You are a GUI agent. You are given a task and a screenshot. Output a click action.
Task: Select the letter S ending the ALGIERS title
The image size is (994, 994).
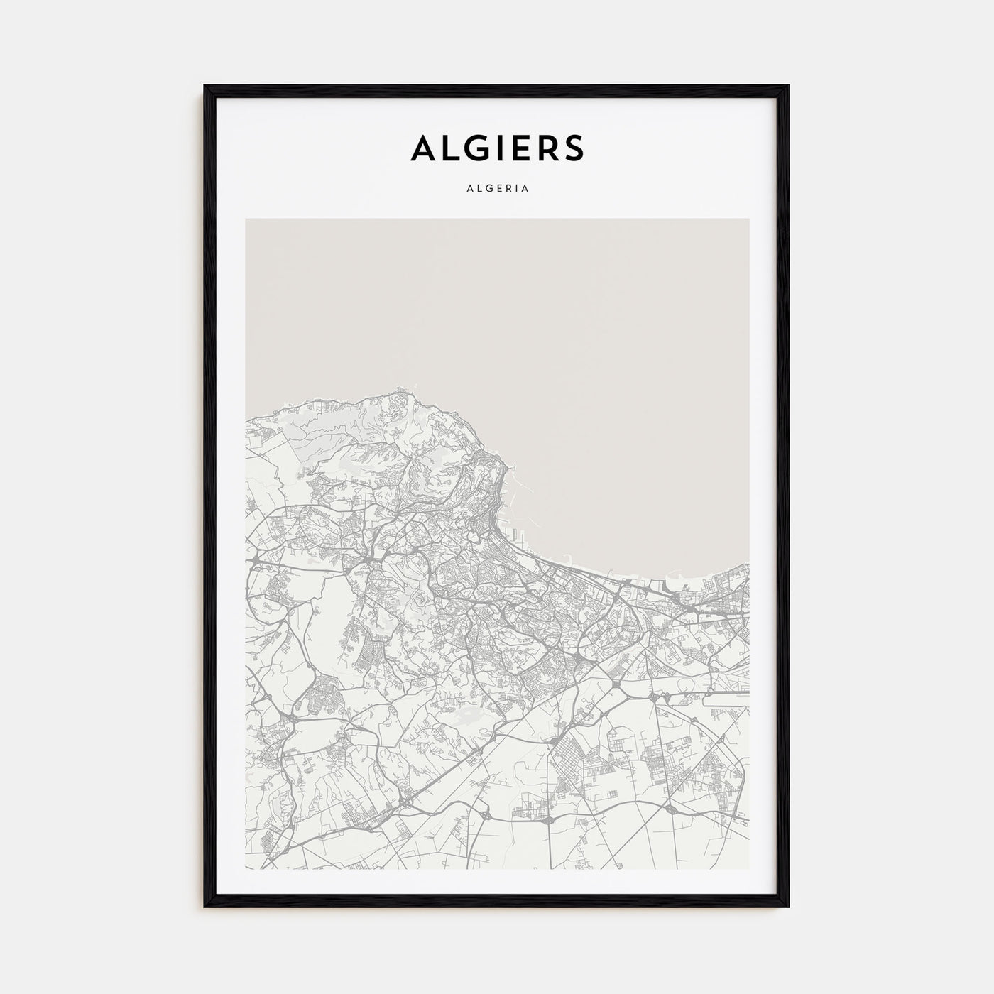tap(572, 147)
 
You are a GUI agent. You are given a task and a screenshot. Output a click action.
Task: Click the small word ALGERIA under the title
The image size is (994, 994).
tap(497, 190)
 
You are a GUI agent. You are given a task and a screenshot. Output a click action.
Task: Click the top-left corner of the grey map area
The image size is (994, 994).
tap(246, 219)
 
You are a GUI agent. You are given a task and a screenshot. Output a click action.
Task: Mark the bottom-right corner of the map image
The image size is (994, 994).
tap(748, 868)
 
